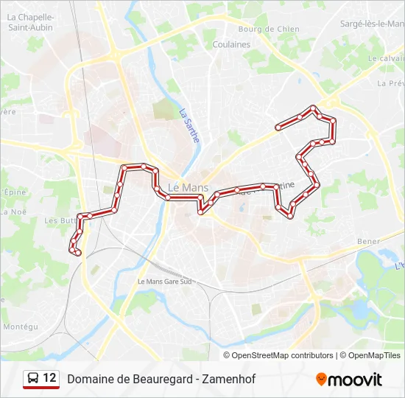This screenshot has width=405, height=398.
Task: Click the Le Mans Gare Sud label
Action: pos(164,282)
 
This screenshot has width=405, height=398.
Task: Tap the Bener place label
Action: pos(368,241)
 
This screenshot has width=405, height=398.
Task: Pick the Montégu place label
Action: pos(21,327)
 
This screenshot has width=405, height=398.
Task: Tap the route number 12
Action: pos(49,378)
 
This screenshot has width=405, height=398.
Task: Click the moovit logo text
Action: pos(355,380)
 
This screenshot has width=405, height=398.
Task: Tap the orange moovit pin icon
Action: pos(321,380)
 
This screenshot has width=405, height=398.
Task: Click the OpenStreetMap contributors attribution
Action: pos(282,355)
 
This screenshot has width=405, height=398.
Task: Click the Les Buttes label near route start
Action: pos(59,220)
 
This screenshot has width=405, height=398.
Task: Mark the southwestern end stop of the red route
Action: pos(77,254)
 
